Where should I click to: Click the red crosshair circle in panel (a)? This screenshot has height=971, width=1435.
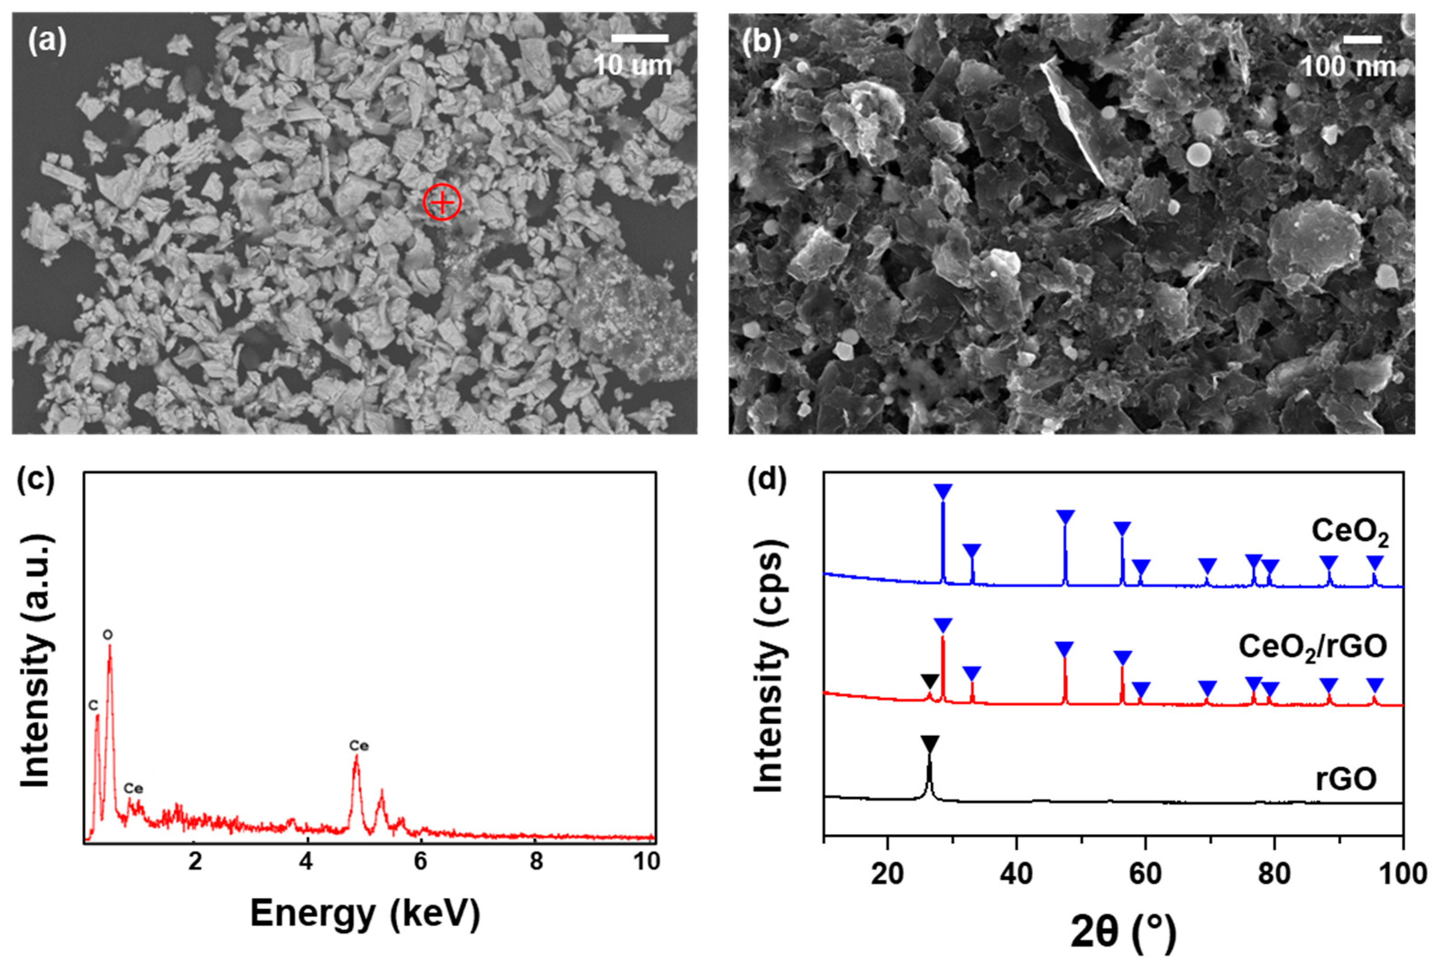[442, 202]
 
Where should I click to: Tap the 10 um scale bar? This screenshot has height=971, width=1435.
[640, 38]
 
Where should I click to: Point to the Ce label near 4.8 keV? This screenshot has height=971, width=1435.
[359, 746]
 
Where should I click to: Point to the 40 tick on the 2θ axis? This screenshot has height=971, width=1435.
[1016, 874]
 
